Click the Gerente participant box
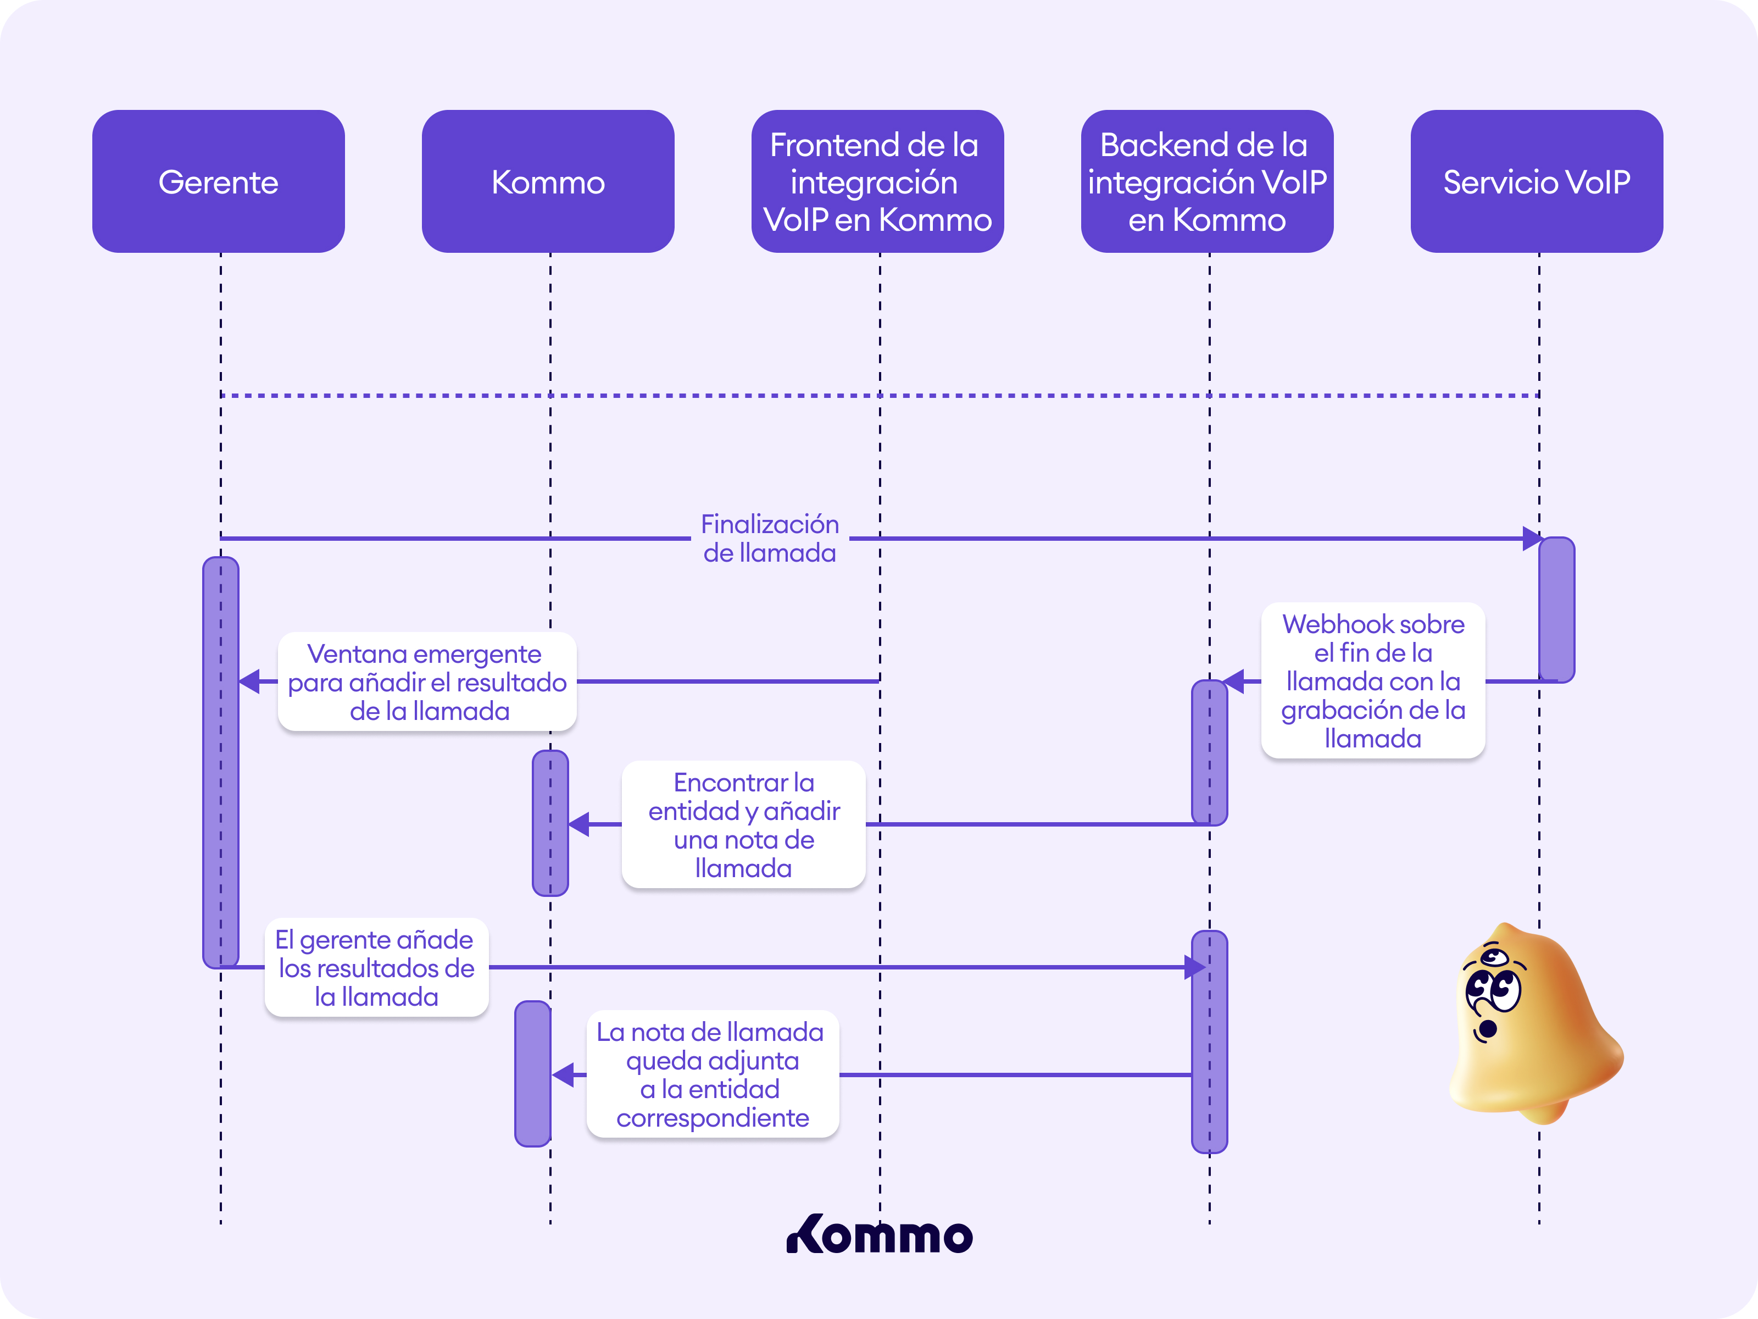click(x=219, y=181)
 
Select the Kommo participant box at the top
click(x=548, y=181)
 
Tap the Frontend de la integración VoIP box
click(x=877, y=181)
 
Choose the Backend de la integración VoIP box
click(x=1206, y=181)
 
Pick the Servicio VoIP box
click(x=1536, y=181)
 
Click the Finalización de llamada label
click(x=769, y=538)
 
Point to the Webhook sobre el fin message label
click(x=1372, y=680)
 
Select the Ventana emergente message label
click(x=427, y=681)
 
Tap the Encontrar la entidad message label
click(x=743, y=824)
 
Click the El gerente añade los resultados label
click(x=376, y=968)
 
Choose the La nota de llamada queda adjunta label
click(x=712, y=1074)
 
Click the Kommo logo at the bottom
click(x=879, y=1235)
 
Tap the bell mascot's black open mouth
click(x=1487, y=1029)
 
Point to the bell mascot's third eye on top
click(x=1495, y=956)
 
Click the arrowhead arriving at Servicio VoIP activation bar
click(x=1532, y=538)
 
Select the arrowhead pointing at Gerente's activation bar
click(x=249, y=681)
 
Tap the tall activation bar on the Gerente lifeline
click(x=220, y=762)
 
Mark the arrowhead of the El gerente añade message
click(x=1194, y=968)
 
